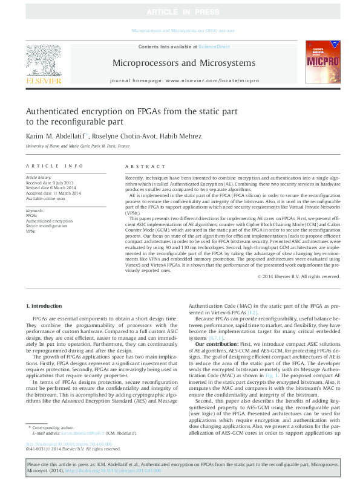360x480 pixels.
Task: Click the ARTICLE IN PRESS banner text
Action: tap(179, 11)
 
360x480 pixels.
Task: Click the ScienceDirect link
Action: tap(214, 47)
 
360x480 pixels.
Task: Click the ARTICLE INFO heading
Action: tap(54, 166)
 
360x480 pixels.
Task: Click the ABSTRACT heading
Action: tap(145, 166)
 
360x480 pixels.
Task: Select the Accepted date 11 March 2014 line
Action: tap(51, 193)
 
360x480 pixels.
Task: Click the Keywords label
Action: tap(35, 210)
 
